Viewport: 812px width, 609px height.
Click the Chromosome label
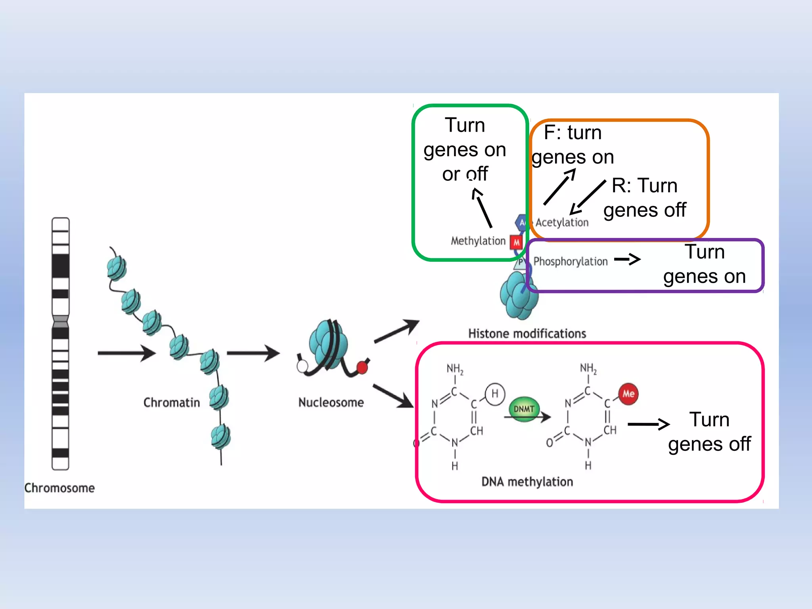tap(59, 488)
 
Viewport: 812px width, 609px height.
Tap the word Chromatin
tap(171, 402)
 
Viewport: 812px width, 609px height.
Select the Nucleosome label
tap(331, 402)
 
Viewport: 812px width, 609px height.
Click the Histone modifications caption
tap(527, 333)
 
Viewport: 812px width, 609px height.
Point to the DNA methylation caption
tap(527, 482)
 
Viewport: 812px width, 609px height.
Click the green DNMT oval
tap(524, 409)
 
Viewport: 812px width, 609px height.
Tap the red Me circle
tap(628, 394)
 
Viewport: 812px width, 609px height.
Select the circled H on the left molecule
tap(495, 394)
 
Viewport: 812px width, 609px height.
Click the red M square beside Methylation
tap(516, 242)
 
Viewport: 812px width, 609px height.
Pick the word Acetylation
tap(562, 222)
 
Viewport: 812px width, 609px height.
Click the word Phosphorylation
tap(570, 261)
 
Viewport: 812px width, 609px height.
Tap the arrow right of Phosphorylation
tap(627, 260)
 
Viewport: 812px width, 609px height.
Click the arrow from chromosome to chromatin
tap(126, 353)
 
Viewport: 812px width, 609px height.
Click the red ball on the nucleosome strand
tap(362, 368)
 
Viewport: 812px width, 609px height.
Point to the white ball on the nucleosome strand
tap(302, 366)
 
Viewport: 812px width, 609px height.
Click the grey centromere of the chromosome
tap(60, 322)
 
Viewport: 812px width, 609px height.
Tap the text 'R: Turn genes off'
tap(645, 197)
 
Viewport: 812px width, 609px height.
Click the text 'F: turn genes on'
tap(573, 145)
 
